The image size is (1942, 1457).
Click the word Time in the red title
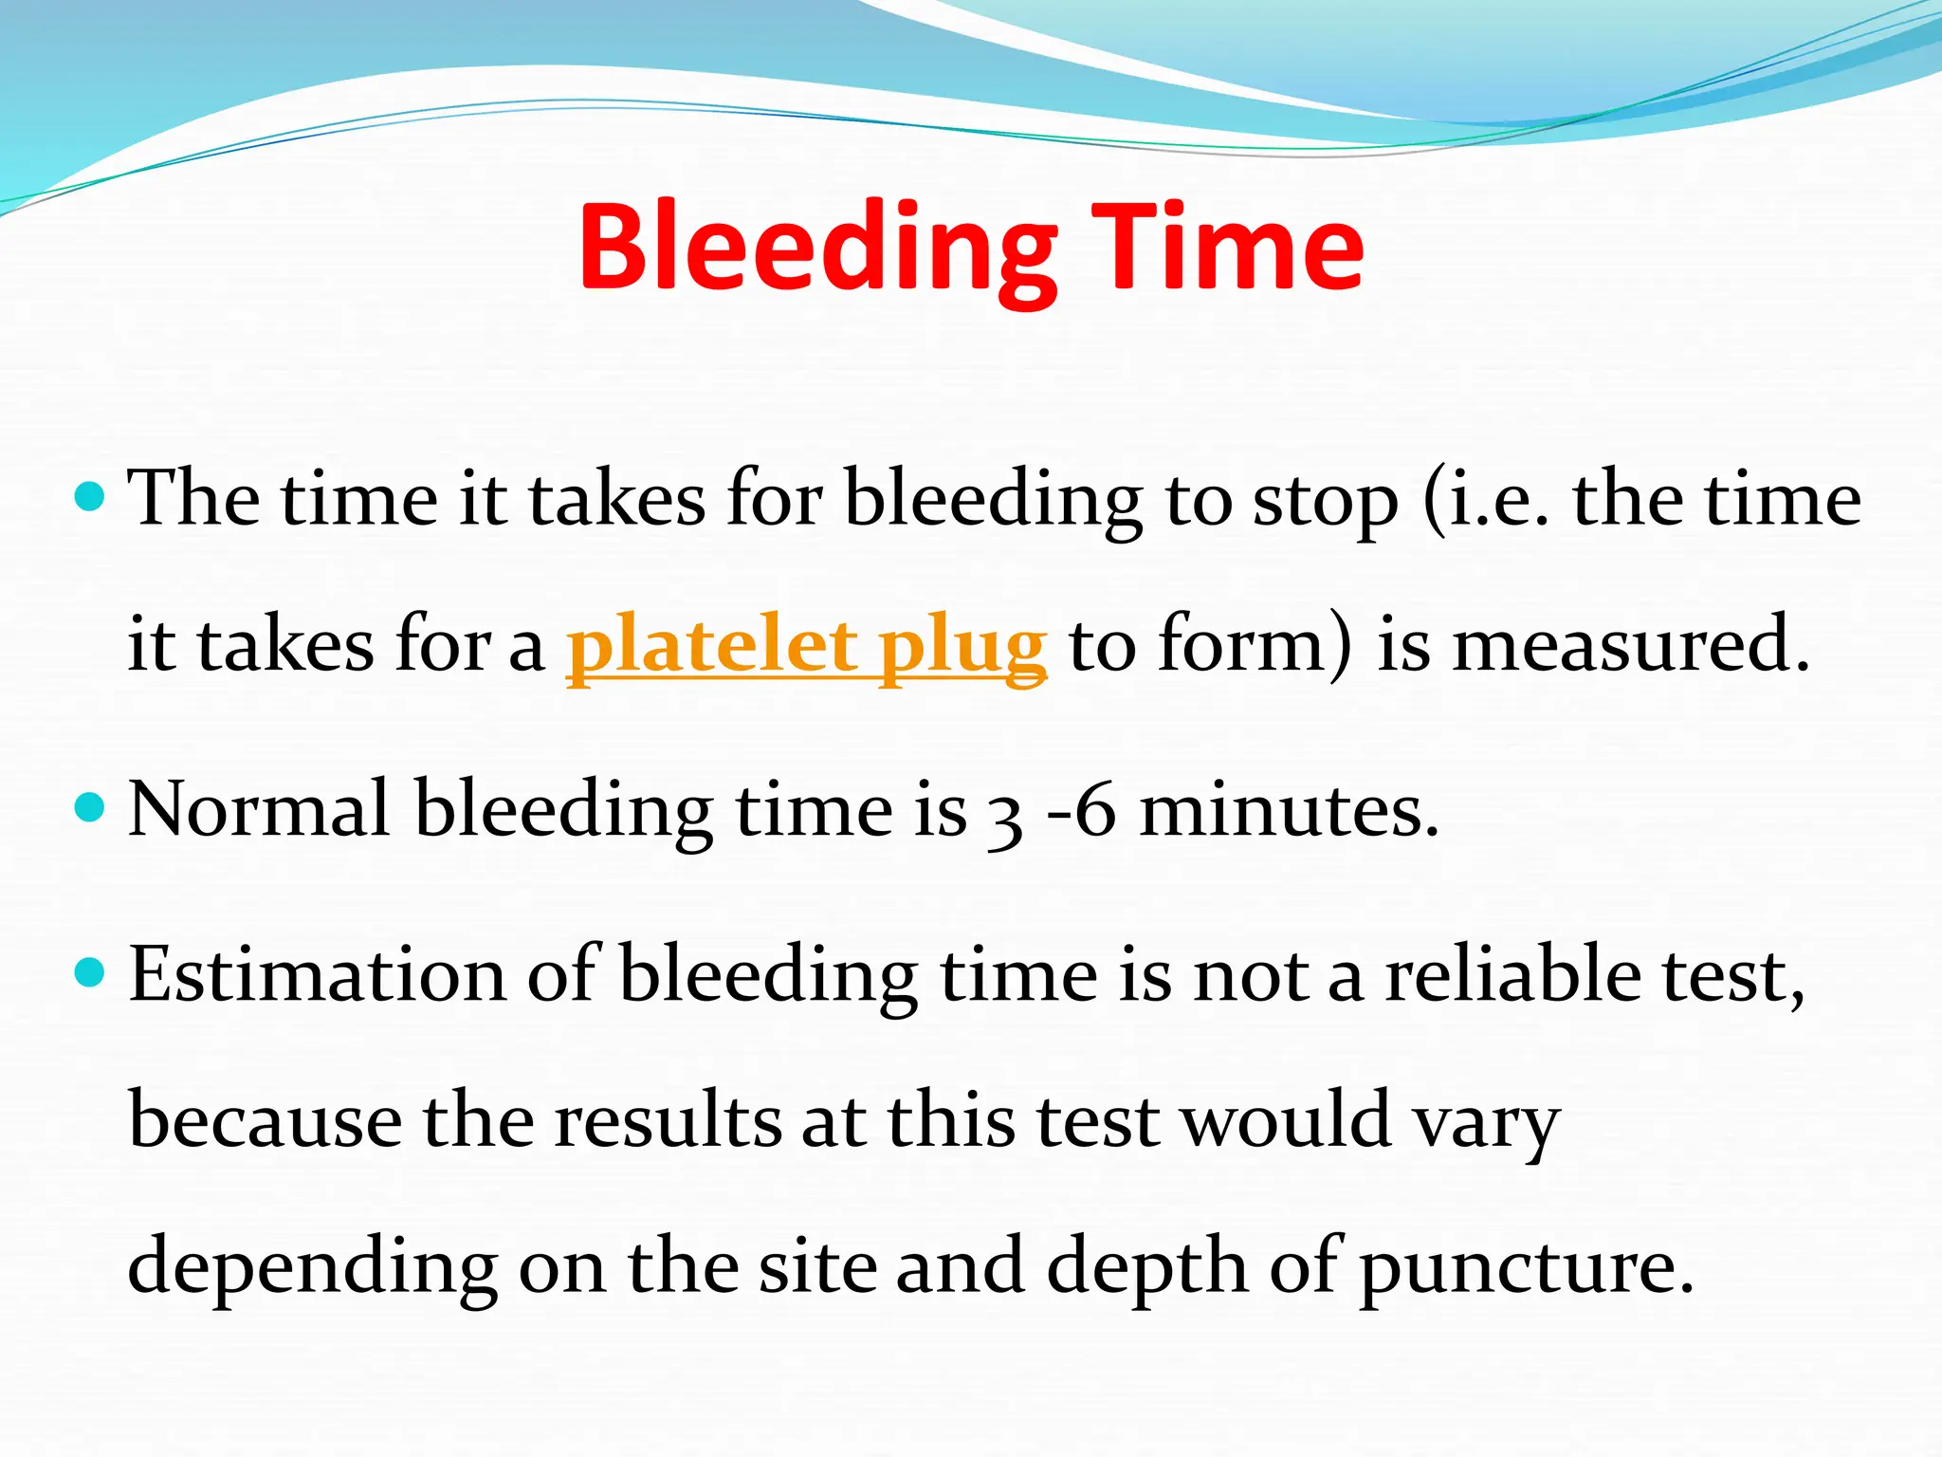pyautogui.click(x=1229, y=249)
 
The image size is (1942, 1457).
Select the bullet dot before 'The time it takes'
pyautogui.click(x=89, y=496)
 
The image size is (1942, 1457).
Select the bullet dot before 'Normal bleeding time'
pyautogui.click(x=89, y=808)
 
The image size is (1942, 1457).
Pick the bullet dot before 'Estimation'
pyautogui.click(x=89, y=972)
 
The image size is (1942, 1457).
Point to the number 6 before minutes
pyautogui.click(x=1096, y=812)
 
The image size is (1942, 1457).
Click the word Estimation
pyautogui.click(x=318, y=975)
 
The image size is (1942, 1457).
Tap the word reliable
pyautogui.click(x=1513, y=975)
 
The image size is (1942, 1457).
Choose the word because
pyautogui.click(x=266, y=1121)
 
